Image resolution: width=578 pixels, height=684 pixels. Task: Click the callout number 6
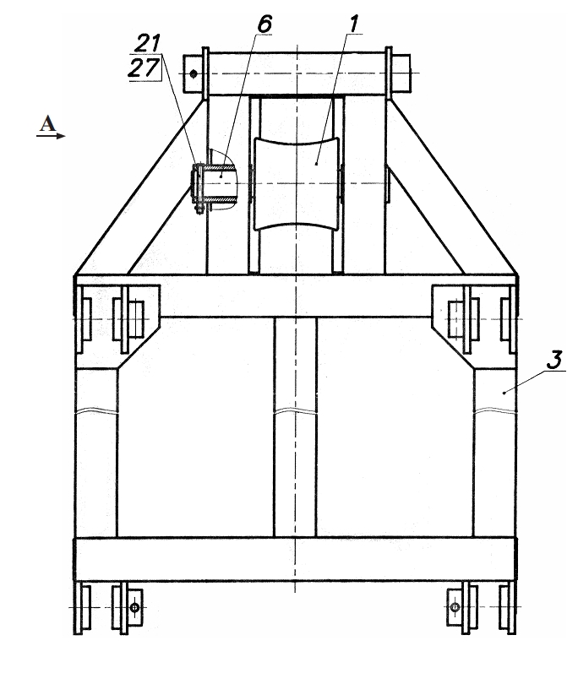265,24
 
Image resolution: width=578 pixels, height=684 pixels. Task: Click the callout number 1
354,24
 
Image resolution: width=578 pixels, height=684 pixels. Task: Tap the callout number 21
148,43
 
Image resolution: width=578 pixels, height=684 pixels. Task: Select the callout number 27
144,68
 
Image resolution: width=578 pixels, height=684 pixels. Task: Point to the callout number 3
554,360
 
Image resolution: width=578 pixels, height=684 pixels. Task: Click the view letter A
47,123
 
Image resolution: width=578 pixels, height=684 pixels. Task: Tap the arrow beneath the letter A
51,136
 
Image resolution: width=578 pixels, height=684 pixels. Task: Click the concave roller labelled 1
297,183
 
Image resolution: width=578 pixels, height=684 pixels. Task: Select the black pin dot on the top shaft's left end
194,74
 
